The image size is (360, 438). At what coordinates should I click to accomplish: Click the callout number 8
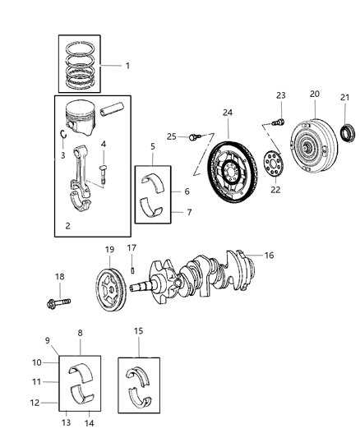point(80,334)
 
